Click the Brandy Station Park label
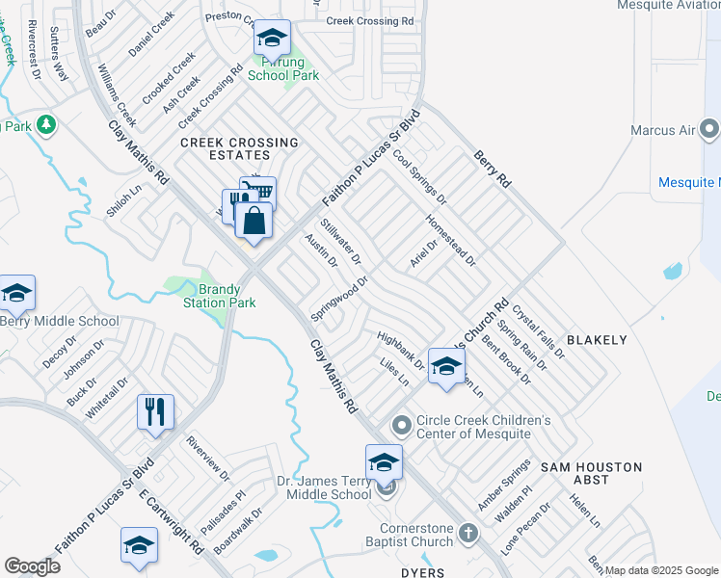(x=220, y=296)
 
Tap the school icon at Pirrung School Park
(x=272, y=39)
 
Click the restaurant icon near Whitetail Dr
(x=154, y=411)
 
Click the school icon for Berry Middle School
(x=17, y=293)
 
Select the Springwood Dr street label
(x=339, y=300)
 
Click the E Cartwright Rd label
(x=171, y=520)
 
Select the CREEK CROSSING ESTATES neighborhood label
(x=239, y=148)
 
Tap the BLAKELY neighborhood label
(x=597, y=340)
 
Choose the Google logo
(x=33, y=566)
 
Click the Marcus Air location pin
(x=710, y=129)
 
